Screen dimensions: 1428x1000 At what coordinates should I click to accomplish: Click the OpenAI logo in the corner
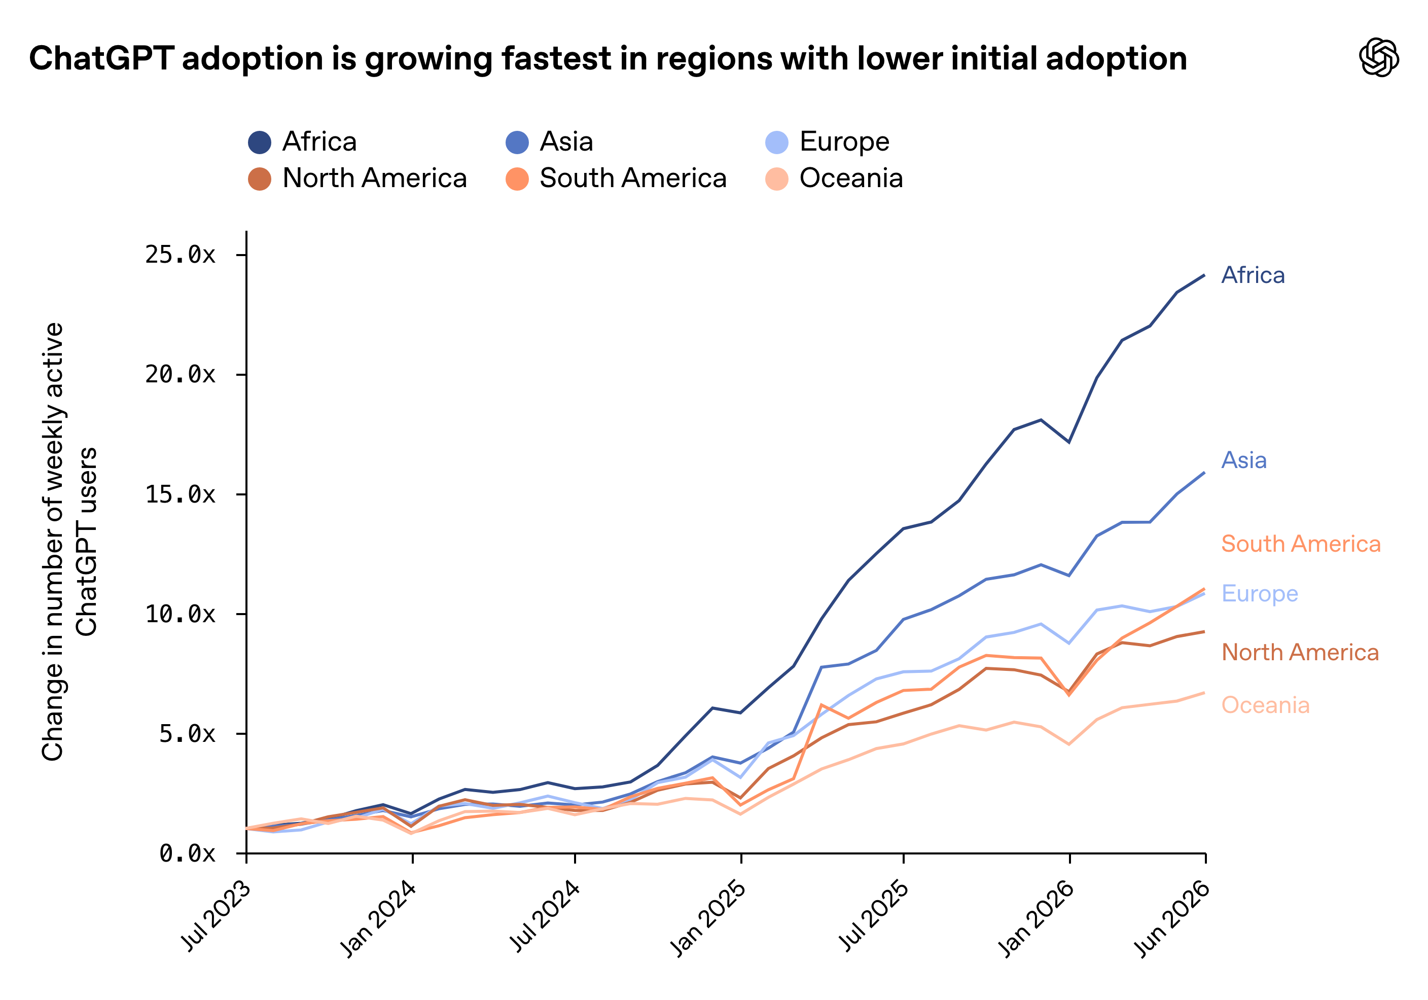point(1379,57)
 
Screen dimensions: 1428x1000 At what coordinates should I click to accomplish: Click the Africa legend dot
point(259,142)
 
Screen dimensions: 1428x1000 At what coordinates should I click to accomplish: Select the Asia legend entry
point(549,142)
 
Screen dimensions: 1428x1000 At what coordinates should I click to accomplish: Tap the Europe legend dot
point(777,142)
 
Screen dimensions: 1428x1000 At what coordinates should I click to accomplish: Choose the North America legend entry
point(357,178)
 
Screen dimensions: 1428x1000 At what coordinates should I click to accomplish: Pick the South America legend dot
point(517,179)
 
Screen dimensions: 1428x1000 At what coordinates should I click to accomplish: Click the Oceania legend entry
point(834,178)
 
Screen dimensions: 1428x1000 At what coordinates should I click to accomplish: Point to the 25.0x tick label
point(181,255)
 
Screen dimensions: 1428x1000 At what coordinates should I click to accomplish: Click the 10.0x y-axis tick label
point(181,615)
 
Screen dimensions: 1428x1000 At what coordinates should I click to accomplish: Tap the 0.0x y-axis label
point(187,854)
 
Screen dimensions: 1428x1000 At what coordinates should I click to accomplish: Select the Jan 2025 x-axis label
point(708,918)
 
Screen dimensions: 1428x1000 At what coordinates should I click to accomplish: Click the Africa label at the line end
point(1253,275)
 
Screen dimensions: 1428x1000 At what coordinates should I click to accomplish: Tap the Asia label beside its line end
point(1244,460)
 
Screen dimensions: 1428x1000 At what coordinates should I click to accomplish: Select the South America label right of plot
point(1301,544)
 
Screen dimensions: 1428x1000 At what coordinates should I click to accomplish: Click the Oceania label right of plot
point(1266,705)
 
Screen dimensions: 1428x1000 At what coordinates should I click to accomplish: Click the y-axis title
point(69,542)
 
